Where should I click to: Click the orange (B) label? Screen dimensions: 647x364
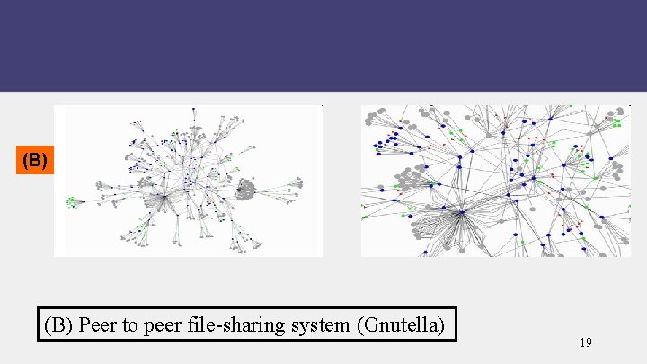tap(34, 161)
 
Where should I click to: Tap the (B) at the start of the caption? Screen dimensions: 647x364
tap(59, 324)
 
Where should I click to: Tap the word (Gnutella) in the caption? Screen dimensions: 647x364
tap(400, 324)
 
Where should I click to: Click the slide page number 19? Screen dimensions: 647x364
tap(585, 342)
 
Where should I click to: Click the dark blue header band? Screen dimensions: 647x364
tap(323, 45)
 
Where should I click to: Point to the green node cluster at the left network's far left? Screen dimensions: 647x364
tap(72, 201)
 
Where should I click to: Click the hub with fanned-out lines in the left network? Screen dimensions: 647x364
tap(164, 195)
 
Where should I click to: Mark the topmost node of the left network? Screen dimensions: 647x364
tap(194, 110)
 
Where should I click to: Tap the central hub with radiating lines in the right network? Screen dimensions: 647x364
tap(461, 212)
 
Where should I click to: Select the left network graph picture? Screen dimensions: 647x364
tap(189, 180)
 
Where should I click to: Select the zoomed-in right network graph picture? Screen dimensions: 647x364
tap(496, 180)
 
